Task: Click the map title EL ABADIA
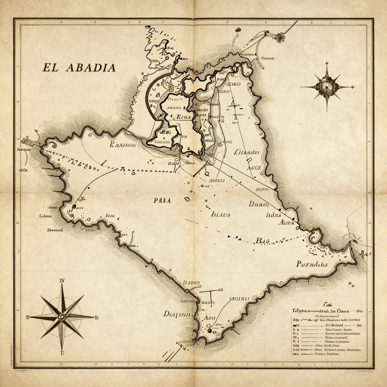pos(79,68)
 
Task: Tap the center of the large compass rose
pos(62,316)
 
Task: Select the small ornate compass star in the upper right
pos(327,87)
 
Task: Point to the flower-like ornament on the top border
pos(280,37)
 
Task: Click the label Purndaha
pos(311,264)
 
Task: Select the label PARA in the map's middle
pos(162,201)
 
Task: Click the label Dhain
pos(259,204)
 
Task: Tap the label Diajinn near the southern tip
pos(178,314)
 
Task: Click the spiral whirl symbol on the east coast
pos(314,238)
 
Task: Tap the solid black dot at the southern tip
pos(209,331)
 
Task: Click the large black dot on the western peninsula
pos(74,206)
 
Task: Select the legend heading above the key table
pos(327,304)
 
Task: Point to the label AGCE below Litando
pos(254,167)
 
